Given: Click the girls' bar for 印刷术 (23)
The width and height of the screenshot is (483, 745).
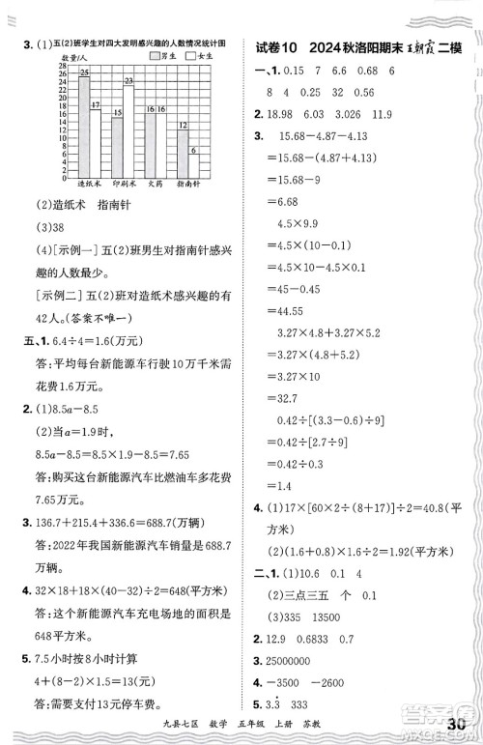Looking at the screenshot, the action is (128, 127).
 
